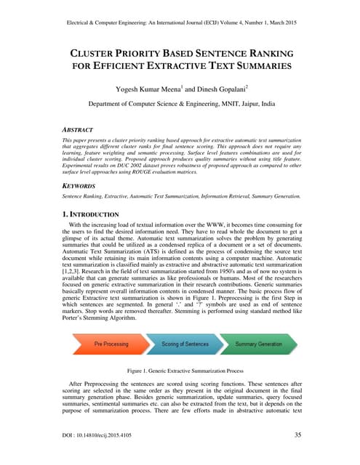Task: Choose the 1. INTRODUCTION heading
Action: [90, 215]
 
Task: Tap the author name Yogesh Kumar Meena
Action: [151, 89]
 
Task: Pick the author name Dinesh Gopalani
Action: [217, 89]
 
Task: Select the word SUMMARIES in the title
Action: [265, 66]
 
